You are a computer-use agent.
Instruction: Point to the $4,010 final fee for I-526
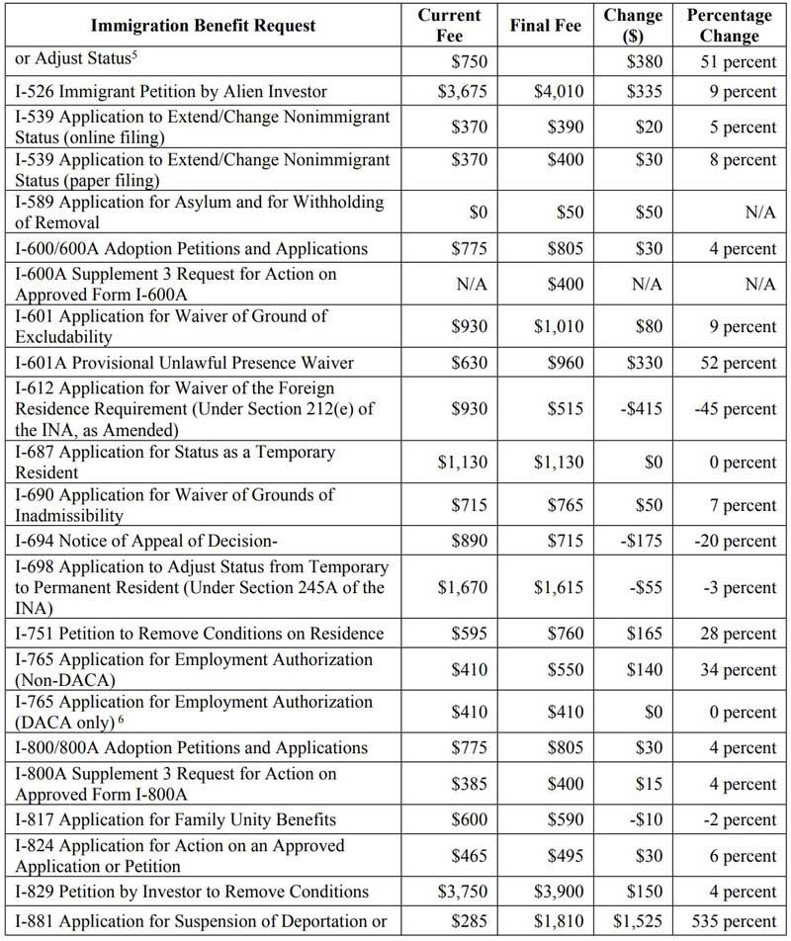pos(559,92)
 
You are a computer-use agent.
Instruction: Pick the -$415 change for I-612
pos(644,408)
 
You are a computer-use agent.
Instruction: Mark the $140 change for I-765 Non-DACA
pos(645,669)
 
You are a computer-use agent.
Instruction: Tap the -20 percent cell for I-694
pos(738,541)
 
